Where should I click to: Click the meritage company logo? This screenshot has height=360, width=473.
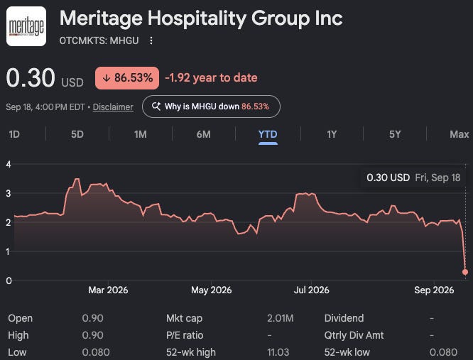point(26,26)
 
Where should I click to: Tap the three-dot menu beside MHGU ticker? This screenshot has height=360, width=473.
point(151,40)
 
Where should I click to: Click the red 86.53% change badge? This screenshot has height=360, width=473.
point(127,78)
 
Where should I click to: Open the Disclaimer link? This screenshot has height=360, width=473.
point(113,107)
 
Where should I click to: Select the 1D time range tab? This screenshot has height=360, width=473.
point(14,134)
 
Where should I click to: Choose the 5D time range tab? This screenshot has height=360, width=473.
point(77,134)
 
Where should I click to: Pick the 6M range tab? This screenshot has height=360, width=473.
point(204,134)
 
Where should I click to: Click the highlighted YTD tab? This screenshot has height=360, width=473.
point(268,134)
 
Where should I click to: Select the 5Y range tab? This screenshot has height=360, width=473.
point(395,134)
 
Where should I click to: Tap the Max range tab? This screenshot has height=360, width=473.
point(460,134)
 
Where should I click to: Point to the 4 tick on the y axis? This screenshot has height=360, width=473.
point(9,164)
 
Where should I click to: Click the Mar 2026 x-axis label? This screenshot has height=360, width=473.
point(108,290)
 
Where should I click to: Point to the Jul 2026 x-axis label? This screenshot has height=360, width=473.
point(311,290)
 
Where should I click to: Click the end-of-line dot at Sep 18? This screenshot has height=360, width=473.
point(465,272)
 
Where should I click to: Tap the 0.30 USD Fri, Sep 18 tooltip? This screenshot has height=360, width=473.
point(413,178)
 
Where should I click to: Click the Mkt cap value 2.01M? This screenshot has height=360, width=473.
point(281,318)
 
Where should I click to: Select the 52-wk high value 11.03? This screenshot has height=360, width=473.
point(278,352)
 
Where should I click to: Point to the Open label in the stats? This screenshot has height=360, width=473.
point(20,318)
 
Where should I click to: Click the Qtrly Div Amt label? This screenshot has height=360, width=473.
point(354,335)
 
